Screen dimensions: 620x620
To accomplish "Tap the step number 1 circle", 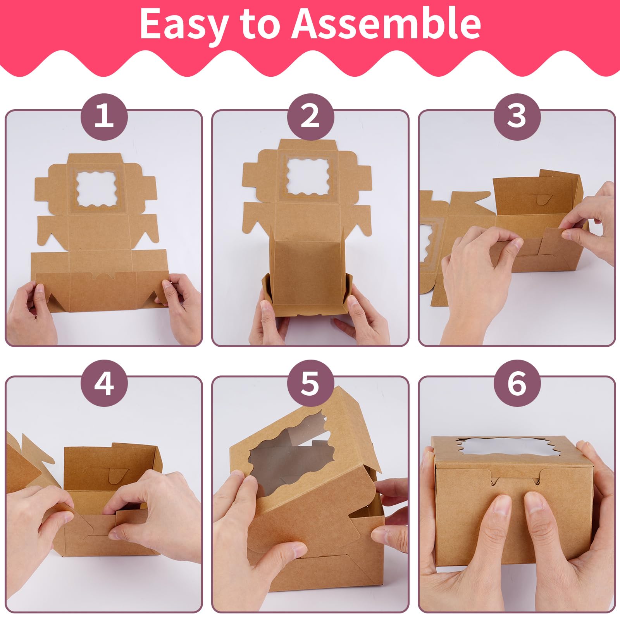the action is pos(104,116).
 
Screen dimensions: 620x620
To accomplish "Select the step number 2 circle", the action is pos(310,116).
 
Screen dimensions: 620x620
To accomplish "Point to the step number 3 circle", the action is pos(517,116).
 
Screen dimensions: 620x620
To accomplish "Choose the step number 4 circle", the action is pos(104,383).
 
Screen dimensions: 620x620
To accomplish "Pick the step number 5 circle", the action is pos(310,383).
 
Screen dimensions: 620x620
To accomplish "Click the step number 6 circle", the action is pos(517,383).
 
